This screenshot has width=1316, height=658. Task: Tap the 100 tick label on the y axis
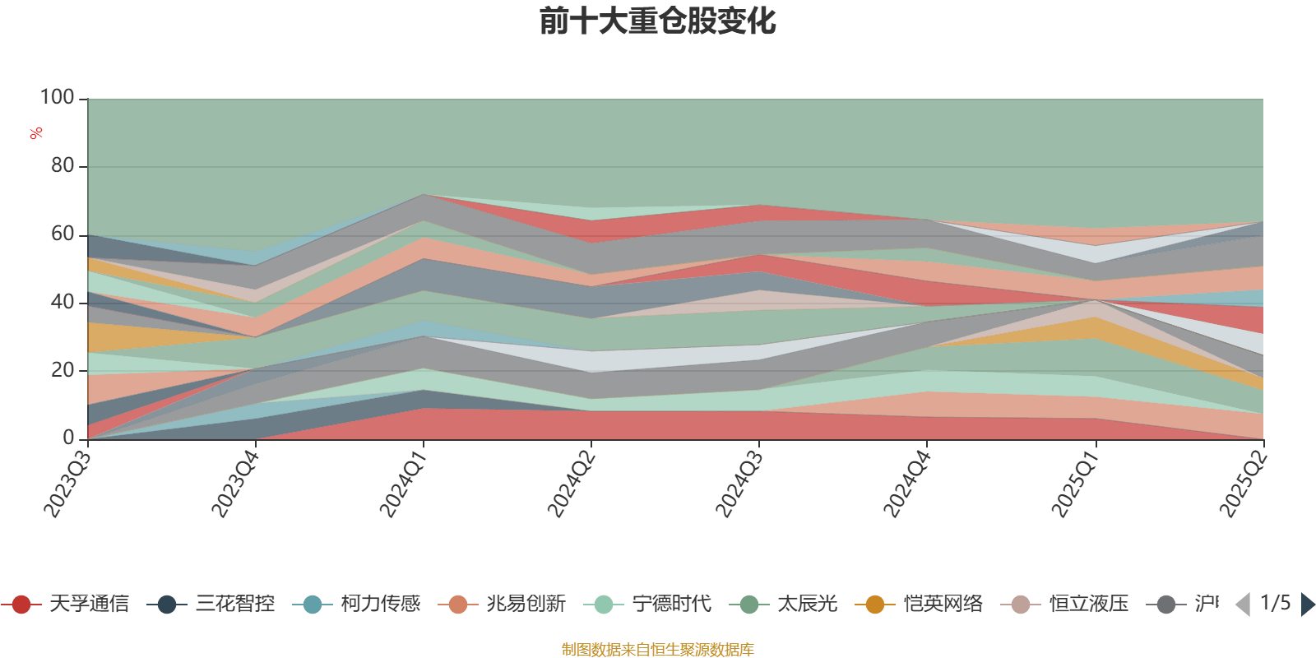[x=58, y=98]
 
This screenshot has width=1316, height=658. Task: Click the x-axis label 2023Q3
[x=67, y=484]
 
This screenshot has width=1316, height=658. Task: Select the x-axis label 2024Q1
[x=402, y=484]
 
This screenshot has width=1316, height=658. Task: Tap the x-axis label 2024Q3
[x=738, y=484]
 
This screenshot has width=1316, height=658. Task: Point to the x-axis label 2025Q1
[x=1073, y=484]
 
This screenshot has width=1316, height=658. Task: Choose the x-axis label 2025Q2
[x=1242, y=484]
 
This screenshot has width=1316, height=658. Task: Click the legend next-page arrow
[x=1307, y=605]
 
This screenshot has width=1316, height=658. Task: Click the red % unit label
[x=36, y=133]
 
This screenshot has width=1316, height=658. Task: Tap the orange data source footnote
[x=657, y=650]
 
